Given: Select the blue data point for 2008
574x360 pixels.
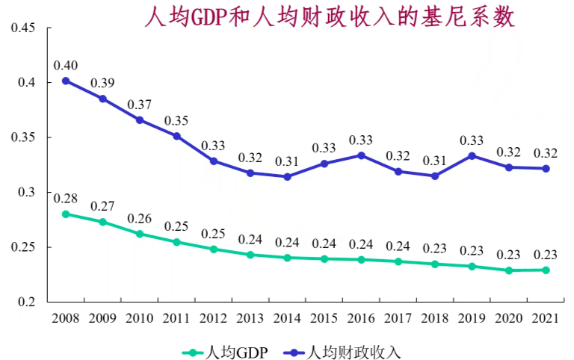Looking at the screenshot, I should click(x=66, y=81).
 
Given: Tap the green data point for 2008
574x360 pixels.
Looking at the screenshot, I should click(x=66, y=214).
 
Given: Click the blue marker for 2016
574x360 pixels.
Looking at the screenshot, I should click(x=361, y=155).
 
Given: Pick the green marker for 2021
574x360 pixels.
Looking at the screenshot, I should click(x=546, y=270).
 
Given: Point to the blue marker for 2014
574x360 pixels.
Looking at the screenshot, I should click(x=287, y=176).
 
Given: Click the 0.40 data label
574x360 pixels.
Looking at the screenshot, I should click(x=66, y=64).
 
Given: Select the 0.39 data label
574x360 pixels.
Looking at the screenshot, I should click(x=102, y=82).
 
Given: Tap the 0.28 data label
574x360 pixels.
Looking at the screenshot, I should click(x=66, y=198).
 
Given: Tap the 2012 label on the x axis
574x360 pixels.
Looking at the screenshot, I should click(x=213, y=319).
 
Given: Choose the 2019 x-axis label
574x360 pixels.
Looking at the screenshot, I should click(x=472, y=319).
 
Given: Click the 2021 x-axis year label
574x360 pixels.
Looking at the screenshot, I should click(x=546, y=319).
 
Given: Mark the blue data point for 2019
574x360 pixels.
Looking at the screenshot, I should click(x=472, y=156).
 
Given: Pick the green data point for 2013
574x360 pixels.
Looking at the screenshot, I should click(x=250, y=255).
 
